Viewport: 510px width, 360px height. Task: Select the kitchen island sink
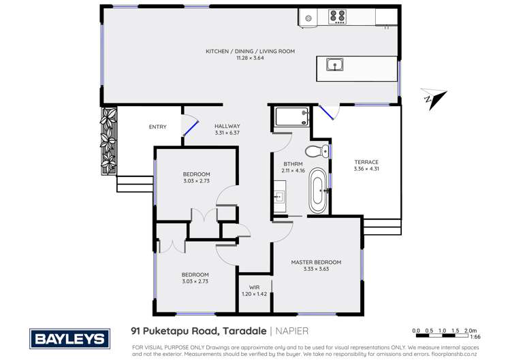[334, 65]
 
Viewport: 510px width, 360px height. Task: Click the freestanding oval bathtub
[318, 191]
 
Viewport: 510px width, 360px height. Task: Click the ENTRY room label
[157, 127]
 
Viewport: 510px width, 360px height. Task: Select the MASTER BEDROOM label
[316, 262]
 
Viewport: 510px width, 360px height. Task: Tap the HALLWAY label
[227, 126]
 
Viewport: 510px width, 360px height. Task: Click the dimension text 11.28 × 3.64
[250, 58]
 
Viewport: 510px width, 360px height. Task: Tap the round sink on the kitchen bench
[308, 18]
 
